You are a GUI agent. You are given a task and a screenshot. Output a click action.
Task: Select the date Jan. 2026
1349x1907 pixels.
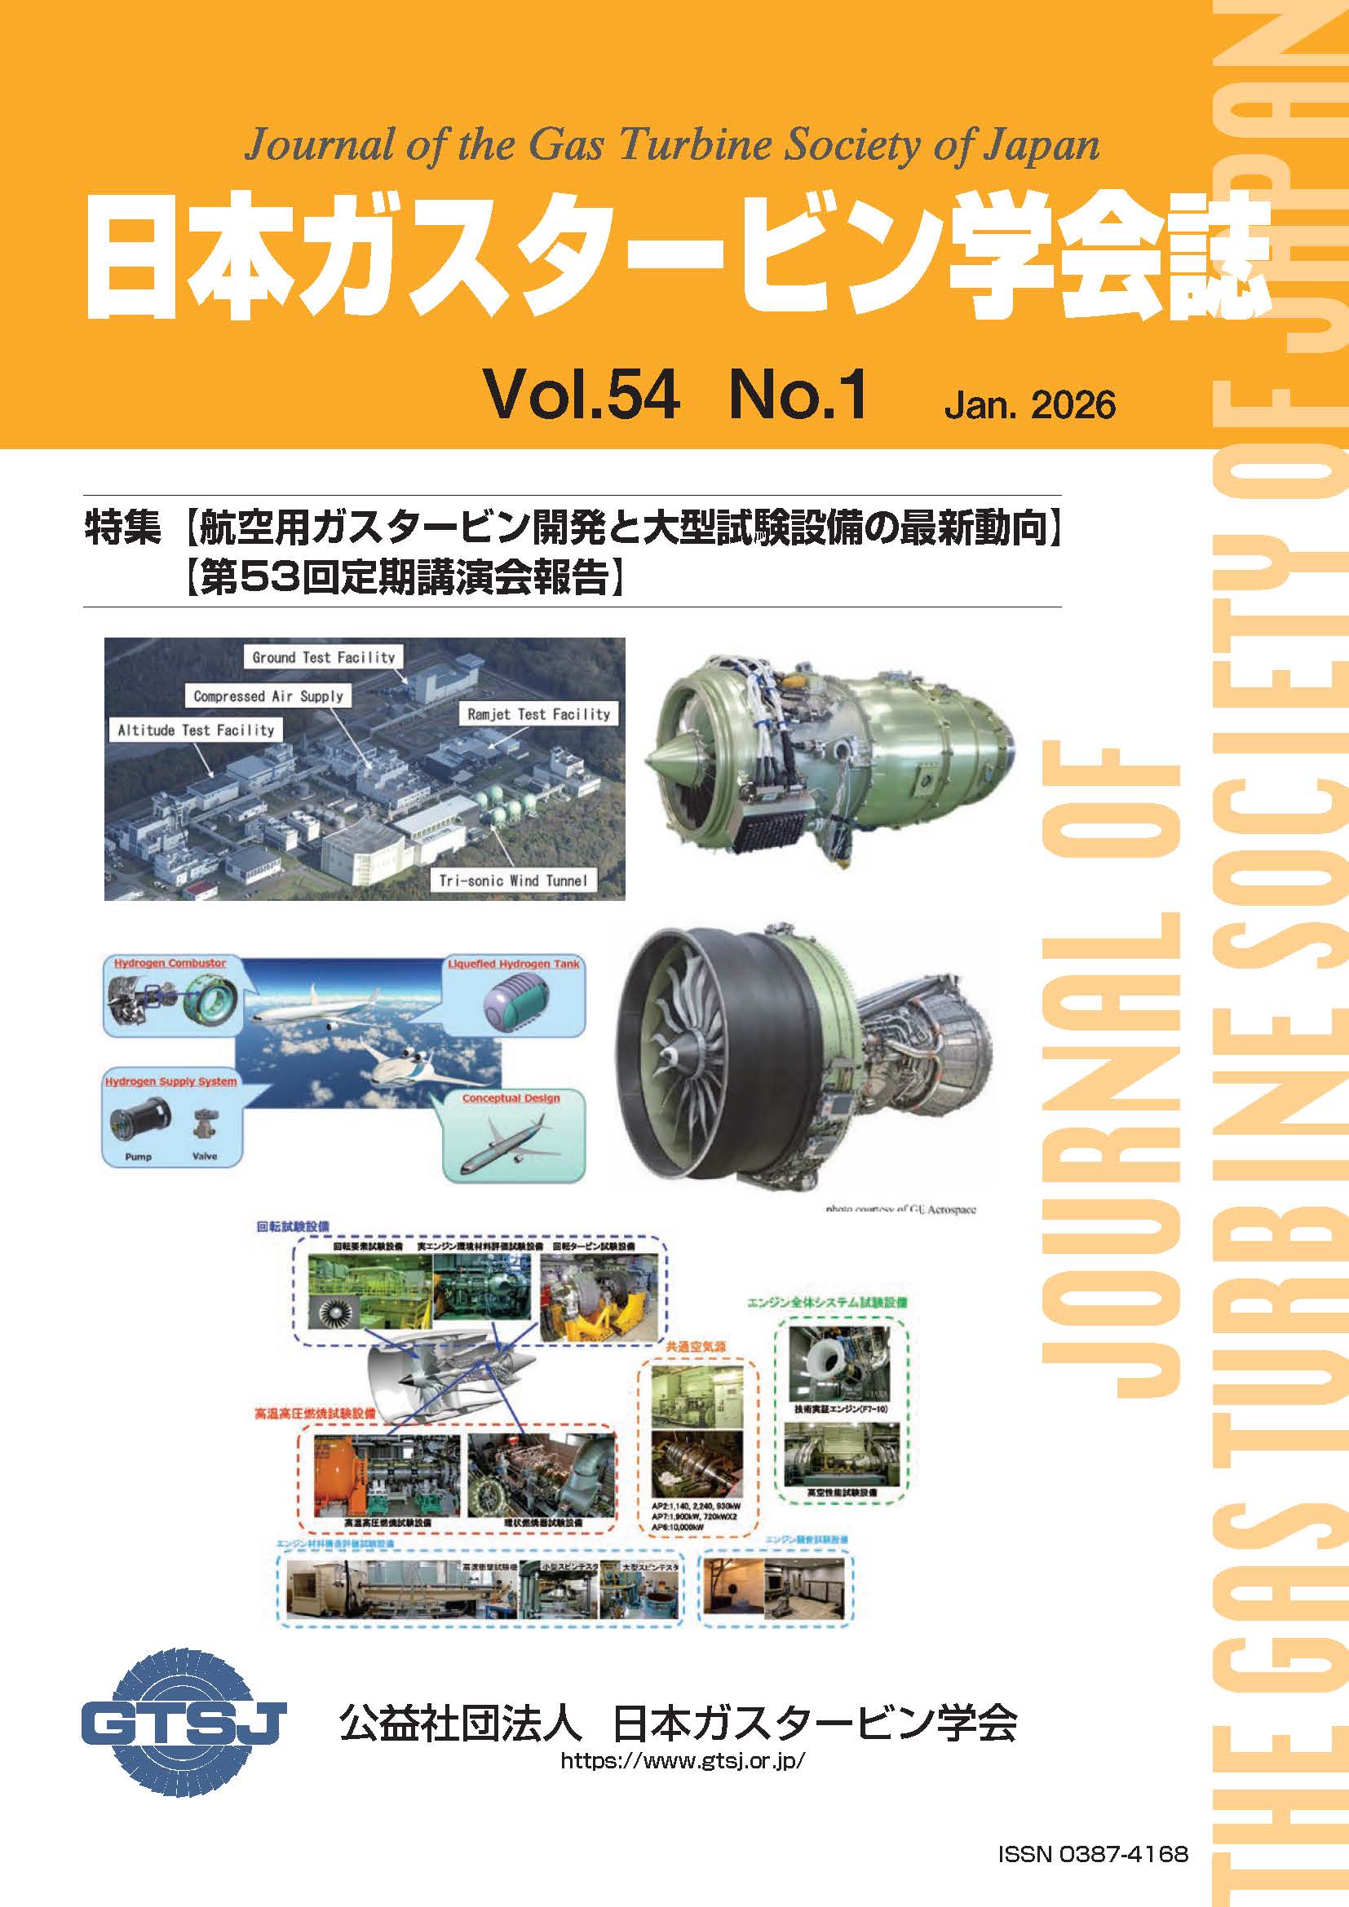coord(1030,404)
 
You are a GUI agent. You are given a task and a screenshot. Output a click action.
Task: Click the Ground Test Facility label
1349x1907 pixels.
coord(324,657)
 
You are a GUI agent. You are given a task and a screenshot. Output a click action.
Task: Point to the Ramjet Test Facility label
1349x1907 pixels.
coord(538,713)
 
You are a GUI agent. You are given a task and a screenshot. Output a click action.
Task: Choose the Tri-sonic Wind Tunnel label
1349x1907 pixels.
coord(513,881)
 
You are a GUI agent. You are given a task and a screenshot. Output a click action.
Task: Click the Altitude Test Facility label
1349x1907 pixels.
coord(196,730)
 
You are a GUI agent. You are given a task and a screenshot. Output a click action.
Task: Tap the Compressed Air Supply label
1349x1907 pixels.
coord(268,696)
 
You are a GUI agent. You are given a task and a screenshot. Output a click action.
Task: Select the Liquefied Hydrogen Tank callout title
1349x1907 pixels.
coord(514,965)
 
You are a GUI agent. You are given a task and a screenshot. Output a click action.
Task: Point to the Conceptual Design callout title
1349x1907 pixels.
coord(511,1098)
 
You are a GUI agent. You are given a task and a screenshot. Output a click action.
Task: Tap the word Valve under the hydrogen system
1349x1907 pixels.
coord(205,1156)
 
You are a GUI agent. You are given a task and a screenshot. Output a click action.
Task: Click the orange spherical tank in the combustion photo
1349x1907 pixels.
coord(335,1474)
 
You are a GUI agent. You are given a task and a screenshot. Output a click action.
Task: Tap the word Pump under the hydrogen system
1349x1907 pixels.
coord(138,1156)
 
